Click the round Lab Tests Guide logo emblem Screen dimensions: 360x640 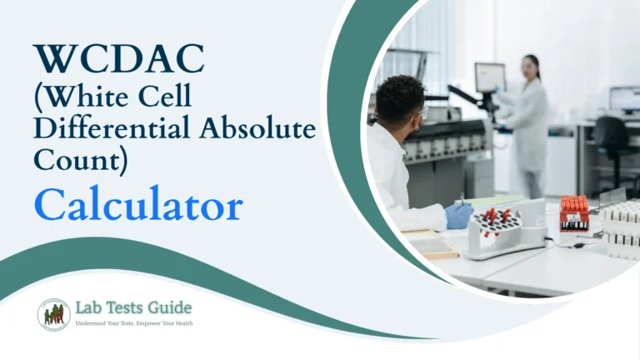(x=53, y=314)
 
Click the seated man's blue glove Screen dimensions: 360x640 (x=458, y=216)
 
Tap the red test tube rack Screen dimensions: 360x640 (x=574, y=212)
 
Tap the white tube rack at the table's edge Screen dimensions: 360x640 (x=620, y=225)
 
